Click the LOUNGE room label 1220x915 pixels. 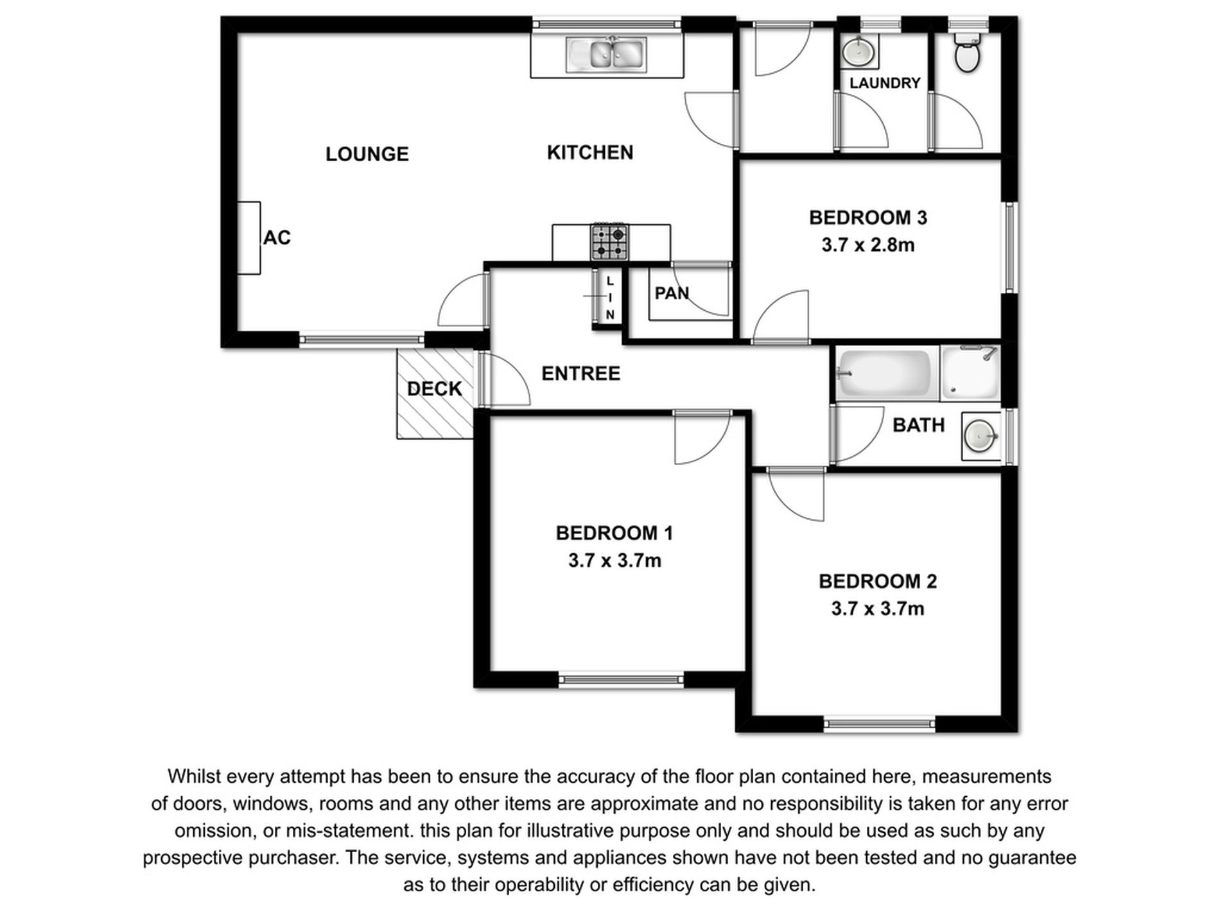pyautogui.click(x=367, y=154)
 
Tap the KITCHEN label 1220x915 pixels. pyautogui.click(x=589, y=153)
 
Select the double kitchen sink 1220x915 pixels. pyautogui.click(x=606, y=54)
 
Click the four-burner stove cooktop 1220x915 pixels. pyautogui.click(x=609, y=242)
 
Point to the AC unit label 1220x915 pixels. pyautogui.click(x=277, y=238)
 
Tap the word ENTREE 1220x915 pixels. pyautogui.click(x=580, y=374)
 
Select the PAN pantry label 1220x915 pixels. pyautogui.click(x=672, y=293)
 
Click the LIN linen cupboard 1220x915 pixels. pyautogui.click(x=609, y=298)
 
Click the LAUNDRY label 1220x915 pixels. pyautogui.click(x=884, y=83)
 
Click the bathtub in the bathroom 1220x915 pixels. pyautogui.click(x=884, y=374)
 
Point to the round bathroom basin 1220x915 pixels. pyautogui.click(x=980, y=437)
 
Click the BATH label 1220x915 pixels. pyautogui.click(x=918, y=425)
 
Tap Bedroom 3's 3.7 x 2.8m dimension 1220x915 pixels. pyautogui.click(x=867, y=245)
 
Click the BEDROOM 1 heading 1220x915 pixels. pyautogui.click(x=614, y=533)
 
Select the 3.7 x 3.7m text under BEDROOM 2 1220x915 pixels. pyautogui.click(x=877, y=609)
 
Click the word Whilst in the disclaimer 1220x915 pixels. pyautogui.click(x=194, y=777)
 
